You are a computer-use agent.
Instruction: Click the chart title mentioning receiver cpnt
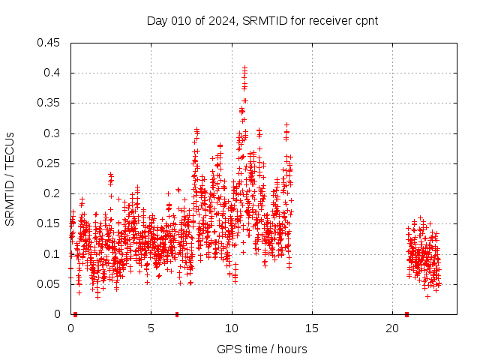click(x=262, y=20)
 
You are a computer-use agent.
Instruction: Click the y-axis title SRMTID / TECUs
click(x=10, y=179)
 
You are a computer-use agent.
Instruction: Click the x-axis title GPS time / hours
click(x=262, y=349)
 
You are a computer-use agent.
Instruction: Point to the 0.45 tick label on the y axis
click(x=49, y=43)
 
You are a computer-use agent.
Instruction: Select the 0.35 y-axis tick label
click(x=49, y=103)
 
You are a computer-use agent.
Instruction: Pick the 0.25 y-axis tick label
click(x=49, y=163)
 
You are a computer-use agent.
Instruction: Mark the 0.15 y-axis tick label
click(x=49, y=223)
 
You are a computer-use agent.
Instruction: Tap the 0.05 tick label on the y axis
click(x=49, y=284)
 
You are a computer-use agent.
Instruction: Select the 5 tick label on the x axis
click(x=151, y=328)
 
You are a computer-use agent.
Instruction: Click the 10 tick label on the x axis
click(x=232, y=328)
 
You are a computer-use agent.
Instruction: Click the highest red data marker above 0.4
click(x=244, y=67)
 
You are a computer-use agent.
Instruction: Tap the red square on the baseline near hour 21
click(x=406, y=314)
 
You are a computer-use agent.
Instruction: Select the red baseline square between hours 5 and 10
click(x=177, y=314)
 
